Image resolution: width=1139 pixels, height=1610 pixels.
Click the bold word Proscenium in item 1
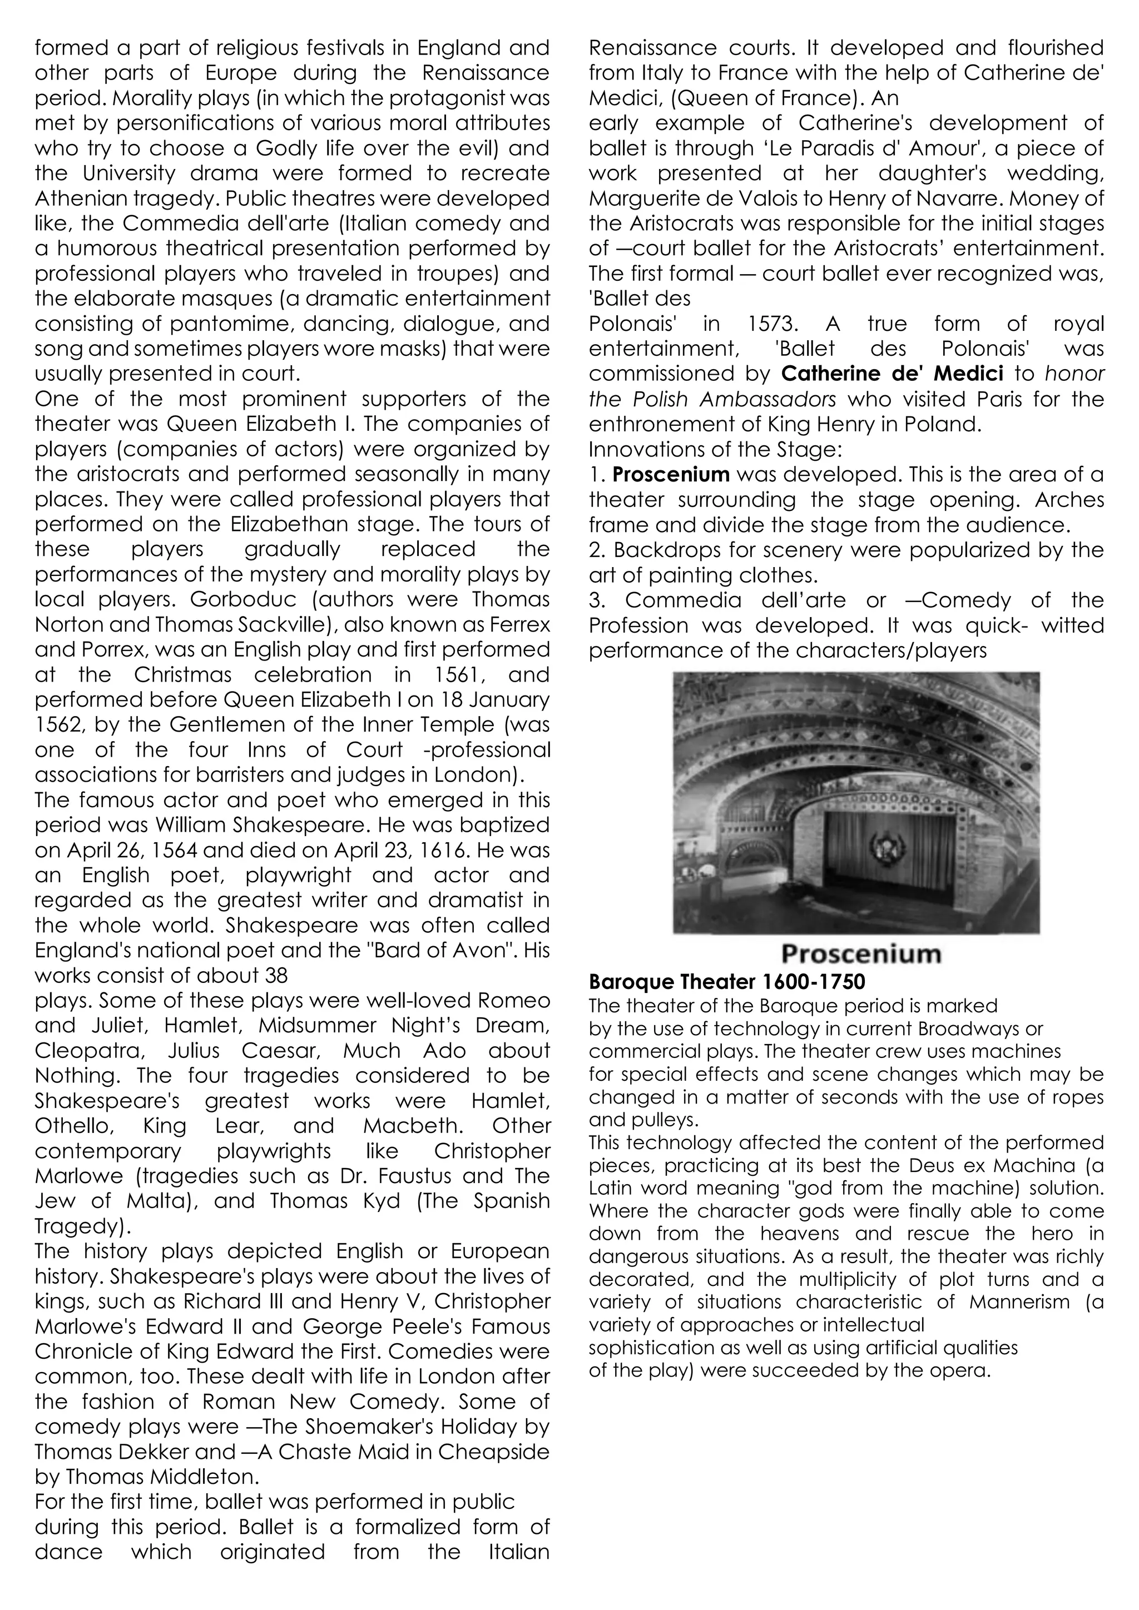click(x=671, y=475)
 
